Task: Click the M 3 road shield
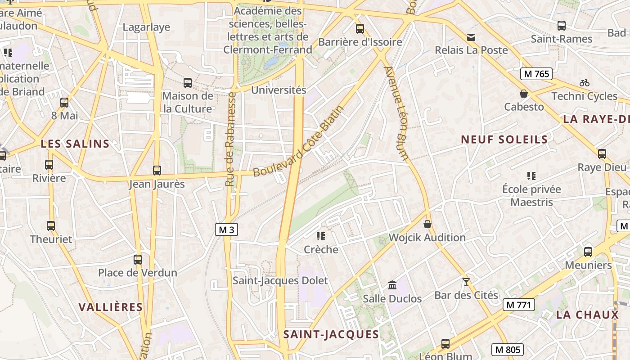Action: click(x=226, y=229)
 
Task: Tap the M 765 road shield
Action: click(x=536, y=74)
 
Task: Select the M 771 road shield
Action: click(x=518, y=305)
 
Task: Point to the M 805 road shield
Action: click(x=508, y=349)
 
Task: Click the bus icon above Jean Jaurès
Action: click(x=157, y=171)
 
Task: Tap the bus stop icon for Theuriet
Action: click(x=51, y=226)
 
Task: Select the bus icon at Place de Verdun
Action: click(x=138, y=260)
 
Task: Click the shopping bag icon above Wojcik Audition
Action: click(x=427, y=224)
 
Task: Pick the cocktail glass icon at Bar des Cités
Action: click(x=466, y=282)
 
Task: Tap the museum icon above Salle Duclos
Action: click(x=392, y=285)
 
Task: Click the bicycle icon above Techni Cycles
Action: click(x=585, y=83)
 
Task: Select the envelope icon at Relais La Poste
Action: click(x=471, y=37)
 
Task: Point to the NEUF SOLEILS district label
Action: click(x=504, y=139)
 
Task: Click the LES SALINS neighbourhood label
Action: click(x=75, y=144)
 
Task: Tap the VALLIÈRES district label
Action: click(x=111, y=307)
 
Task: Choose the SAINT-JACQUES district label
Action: click(x=331, y=334)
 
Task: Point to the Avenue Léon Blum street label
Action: click(x=396, y=113)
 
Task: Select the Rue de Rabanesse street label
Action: click(x=231, y=139)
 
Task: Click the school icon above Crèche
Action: click(x=321, y=236)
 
